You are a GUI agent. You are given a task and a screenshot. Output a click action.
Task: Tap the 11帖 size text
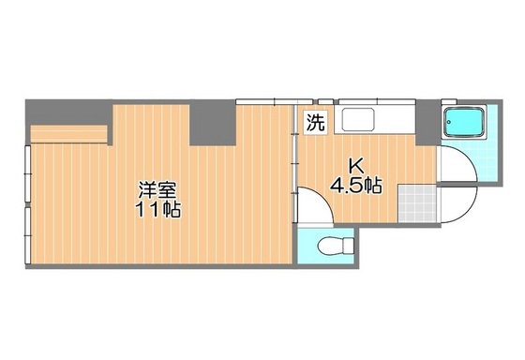click(157, 210)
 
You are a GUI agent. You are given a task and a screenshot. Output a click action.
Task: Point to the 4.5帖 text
click(355, 185)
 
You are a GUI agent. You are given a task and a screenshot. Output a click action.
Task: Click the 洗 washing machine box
click(315, 122)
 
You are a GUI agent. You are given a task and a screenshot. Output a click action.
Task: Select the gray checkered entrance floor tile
click(416, 202)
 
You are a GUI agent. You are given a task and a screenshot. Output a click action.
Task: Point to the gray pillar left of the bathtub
click(426, 121)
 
